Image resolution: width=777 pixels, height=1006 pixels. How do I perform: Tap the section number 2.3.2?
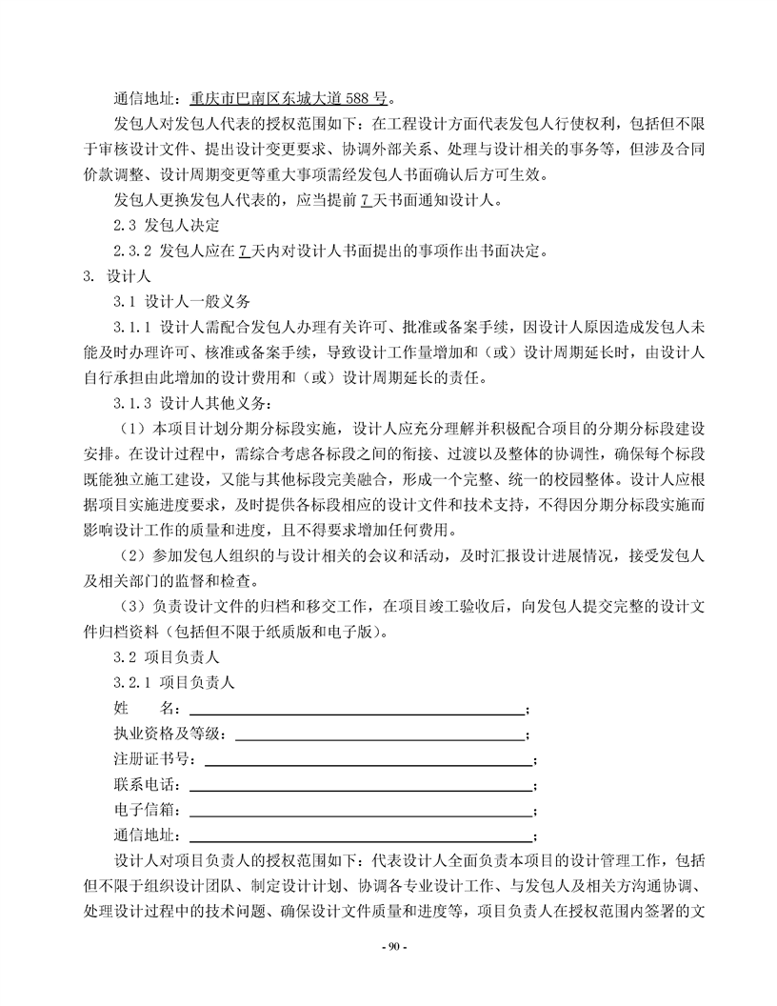[x=134, y=252]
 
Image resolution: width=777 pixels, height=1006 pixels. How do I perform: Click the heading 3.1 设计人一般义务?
[x=181, y=303]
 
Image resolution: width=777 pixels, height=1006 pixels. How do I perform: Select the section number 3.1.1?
[x=134, y=329]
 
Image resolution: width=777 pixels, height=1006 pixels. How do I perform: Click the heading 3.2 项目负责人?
[x=166, y=657]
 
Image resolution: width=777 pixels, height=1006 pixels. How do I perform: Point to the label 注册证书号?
[x=152, y=760]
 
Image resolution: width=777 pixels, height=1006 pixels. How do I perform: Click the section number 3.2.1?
[x=134, y=683]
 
